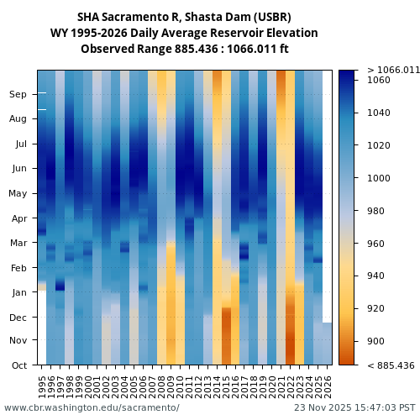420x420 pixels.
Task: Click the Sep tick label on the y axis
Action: click(18, 95)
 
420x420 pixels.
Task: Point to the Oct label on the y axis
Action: click(18, 365)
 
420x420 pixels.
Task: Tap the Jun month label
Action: click(18, 169)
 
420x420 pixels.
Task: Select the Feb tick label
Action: click(18, 268)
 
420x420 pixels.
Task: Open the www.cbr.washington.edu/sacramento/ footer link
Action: click(92, 407)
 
